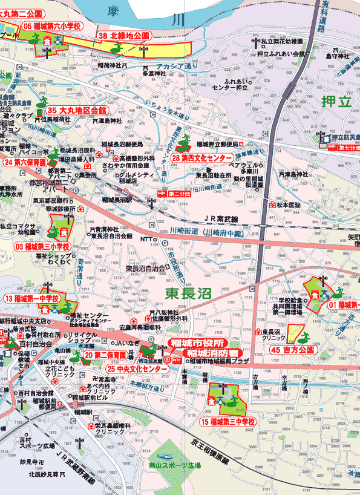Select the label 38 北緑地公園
pos(124,36)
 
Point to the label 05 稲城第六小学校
pos(53,26)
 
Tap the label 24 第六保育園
pos(25,162)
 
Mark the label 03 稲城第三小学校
pos(42,247)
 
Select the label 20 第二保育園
pos(105,355)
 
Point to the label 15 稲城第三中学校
pos(229,421)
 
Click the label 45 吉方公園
pos(293,350)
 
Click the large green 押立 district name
pos(337,101)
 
